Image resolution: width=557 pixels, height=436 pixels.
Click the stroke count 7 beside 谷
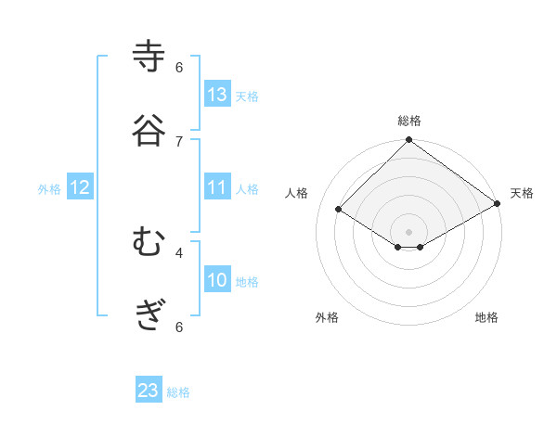pyautogui.click(x=179, y=141)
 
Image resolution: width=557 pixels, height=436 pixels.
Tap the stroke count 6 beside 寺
pyautogui.click(x=179, y=68)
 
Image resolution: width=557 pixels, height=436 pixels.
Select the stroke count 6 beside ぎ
pyautogui.click(x=179, y=327)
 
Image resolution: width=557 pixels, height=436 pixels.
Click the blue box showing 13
pyautogui.click(x=217, y=95)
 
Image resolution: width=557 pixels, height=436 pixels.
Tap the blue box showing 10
pyautogui.click(x=217, y=280)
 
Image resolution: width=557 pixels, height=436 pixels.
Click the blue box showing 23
pyautogui.click(x=149, y=391)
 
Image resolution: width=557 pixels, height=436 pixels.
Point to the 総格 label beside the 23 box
pyautogui.click(x=178, y=392)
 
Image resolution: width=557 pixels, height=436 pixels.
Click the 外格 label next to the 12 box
pyautogui.click(x=49, y=189)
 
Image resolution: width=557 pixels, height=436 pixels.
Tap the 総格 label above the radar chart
pyautogui.click(x=409, y=121)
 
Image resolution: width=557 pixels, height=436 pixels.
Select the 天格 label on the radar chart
pyautogui.click(x=522, y=193)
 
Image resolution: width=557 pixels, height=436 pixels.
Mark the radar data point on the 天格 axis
pyautogui.click(x=498, y=203)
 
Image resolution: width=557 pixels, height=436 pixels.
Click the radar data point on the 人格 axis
pyautogui.click(x=339, y=210)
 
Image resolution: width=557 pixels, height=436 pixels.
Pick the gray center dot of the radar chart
pyautogui.click(x=409, y=231)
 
